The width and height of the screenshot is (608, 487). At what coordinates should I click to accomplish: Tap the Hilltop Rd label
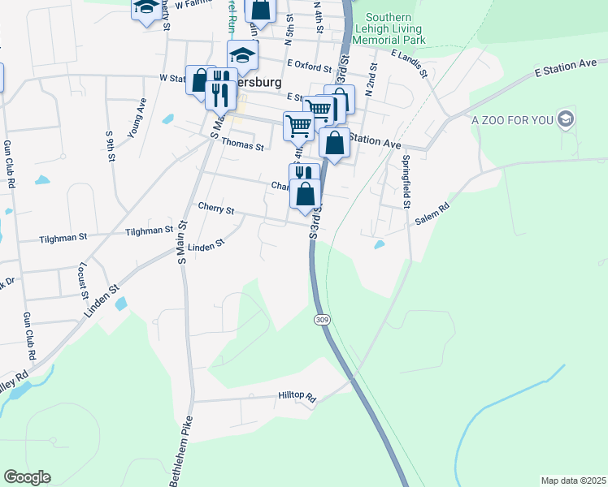(x=296, y=397)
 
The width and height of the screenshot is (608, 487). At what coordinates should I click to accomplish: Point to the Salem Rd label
(x=433, y=208)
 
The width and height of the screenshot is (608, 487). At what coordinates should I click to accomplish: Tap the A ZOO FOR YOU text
(x=512, y=120)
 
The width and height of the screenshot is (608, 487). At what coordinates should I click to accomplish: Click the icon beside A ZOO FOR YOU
(x=567, y=120)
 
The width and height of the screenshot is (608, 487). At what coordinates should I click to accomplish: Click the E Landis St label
(x=408, y=62)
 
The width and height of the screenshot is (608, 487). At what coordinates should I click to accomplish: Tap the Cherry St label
(x=215, y=209)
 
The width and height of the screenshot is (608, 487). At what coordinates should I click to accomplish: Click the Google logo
(x=27, y=476)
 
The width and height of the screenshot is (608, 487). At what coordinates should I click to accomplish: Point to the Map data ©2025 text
(x=573, y=481)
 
